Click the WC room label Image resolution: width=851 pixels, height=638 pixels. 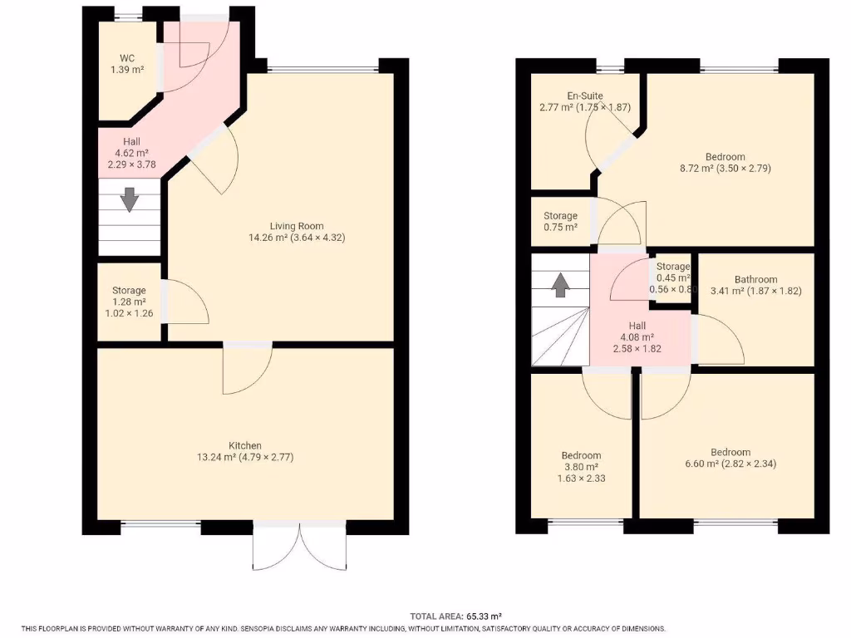pos(127,58)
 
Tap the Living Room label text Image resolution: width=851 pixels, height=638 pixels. pos(297,226)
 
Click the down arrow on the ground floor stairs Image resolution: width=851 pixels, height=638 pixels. pos(130,199)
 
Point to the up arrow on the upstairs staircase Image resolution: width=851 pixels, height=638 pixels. pos(561,284)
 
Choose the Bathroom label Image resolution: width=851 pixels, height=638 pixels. pos(755,279)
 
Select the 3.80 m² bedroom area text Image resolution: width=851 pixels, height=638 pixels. pos(581,467)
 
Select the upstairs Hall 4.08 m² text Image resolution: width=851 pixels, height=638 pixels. pos(637,337)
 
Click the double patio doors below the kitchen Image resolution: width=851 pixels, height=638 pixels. pos(299,547)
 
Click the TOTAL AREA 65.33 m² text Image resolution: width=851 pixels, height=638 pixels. pos(456,616)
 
